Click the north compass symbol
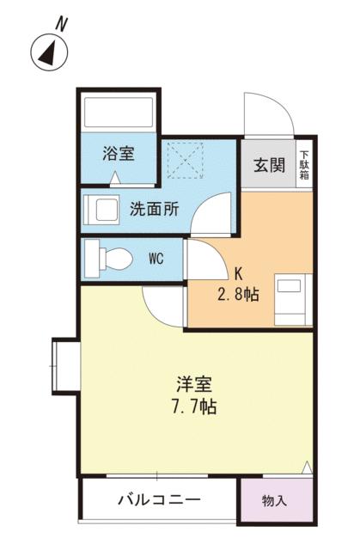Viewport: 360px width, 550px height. (51, 53)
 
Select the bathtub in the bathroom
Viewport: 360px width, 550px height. (119, 111)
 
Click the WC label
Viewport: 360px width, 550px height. (156, 258)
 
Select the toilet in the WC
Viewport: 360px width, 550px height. (109, 258)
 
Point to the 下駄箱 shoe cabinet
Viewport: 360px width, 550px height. (304, 164)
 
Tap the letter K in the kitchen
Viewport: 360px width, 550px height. (240, 276)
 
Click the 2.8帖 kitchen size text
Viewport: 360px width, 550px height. (238, 294)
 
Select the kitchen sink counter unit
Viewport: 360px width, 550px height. (290, 301)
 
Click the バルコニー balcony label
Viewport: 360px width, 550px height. (159, 499)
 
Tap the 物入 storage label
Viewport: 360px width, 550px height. (274, 500)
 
